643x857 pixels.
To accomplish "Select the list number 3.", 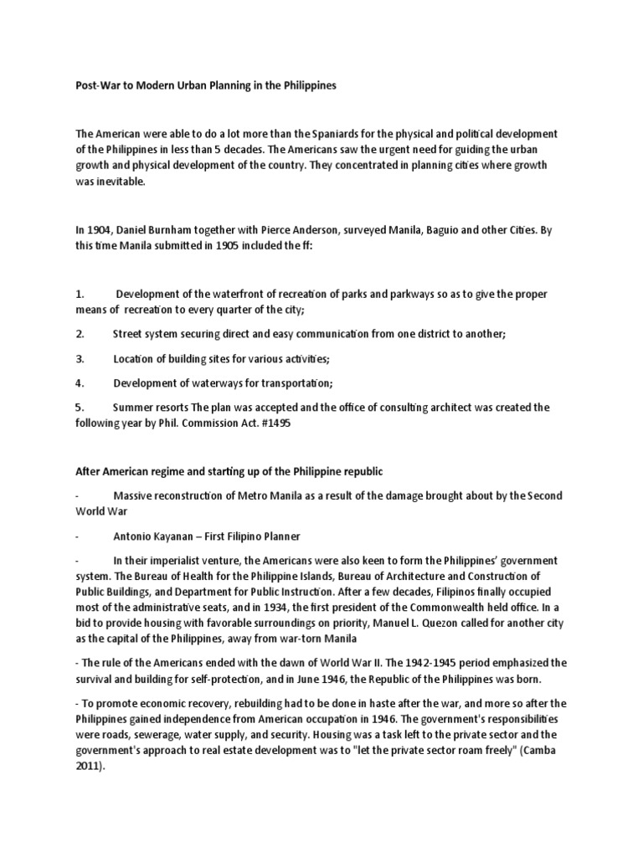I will point(80,358).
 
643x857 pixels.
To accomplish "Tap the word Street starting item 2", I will point(129,334).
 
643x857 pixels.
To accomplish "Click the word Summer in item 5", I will point(135,407).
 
